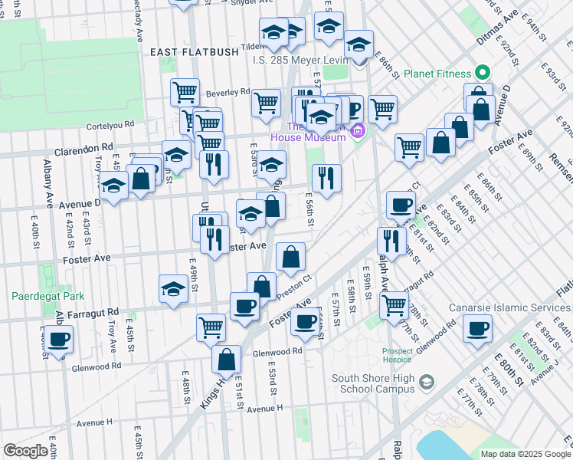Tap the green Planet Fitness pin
[482, 74]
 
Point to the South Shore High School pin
[427, 380]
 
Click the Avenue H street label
[94, 422]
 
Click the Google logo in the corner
[25, 450]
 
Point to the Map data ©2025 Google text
[525, 454]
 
